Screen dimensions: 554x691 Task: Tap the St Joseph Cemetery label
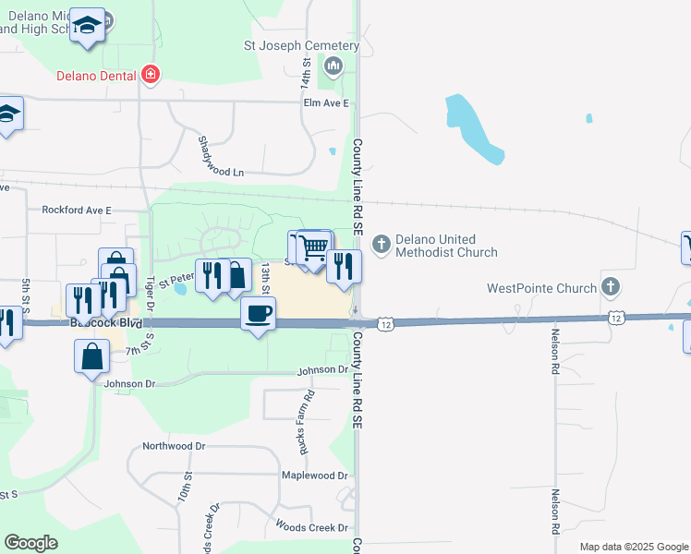[x=301, y=45]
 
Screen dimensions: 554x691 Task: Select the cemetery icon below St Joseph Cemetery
[x=333, y=66]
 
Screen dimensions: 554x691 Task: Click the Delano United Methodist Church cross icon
[x=381, y=245]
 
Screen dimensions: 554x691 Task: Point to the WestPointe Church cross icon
[x=610, y=288]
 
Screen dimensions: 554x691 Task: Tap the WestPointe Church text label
[x=541, y=288]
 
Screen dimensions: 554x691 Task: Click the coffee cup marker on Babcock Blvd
[x=258, y=314]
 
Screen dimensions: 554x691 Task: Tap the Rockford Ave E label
[x=76, y=211]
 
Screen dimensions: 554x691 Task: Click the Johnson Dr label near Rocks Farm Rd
[x=322, y=370]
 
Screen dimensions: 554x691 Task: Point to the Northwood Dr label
[x=173, y=446]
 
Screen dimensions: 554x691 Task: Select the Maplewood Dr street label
[x=315, y=476]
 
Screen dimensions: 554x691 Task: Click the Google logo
[x=30, y=543]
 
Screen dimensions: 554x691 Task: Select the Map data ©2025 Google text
[x=633, y=547]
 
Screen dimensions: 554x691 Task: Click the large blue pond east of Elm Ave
[x=471, y=128]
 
